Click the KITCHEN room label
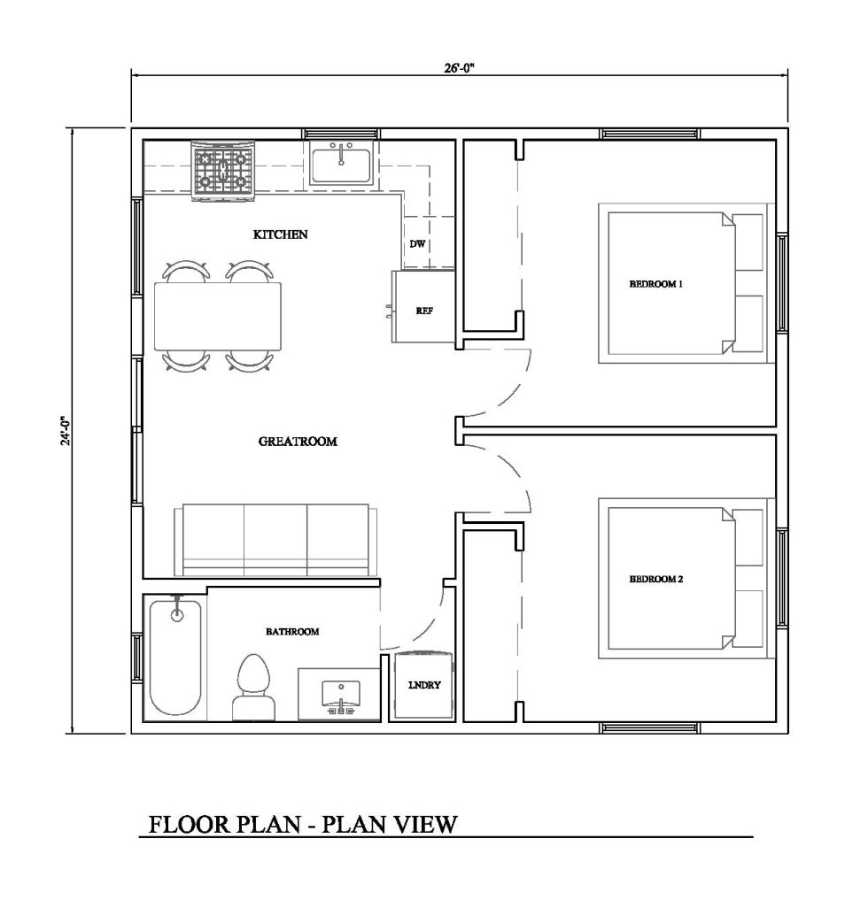click(x=281, y=235)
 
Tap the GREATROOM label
click(x=298, y=442)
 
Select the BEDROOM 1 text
click(x=656, y=284)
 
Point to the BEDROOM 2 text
click(x=656, y=579)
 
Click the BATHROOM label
click(x=292, y=632)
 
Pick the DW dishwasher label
click(x=417, y=243)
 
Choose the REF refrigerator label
click(x=424, y=311)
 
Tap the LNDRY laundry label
click(x=425, y=685)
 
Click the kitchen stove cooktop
click(x=223, y=170)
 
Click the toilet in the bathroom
click(x=254, y=688)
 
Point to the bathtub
click(x=175, y=658)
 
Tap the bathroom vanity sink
click(x=341, y=696)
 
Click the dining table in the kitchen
click(x=218, y=316)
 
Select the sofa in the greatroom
click(x=275, y=540)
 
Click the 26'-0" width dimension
click(x=460, y=68)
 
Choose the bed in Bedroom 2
click(x=686, y=579)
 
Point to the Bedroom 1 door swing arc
click(x=514, y=395)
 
